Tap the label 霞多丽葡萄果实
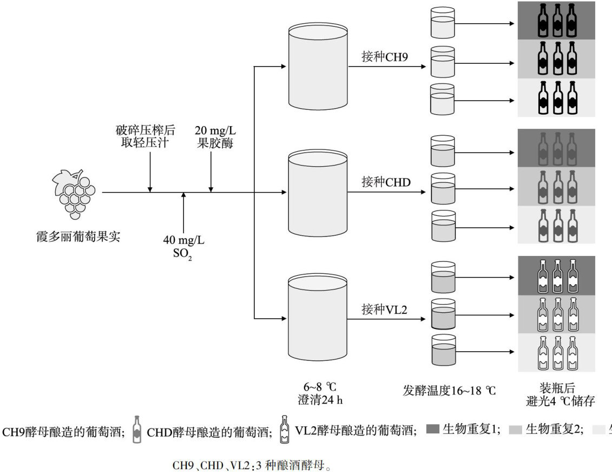(x=78, y=236)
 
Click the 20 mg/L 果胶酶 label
(x=215, y=137)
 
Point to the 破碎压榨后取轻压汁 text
(x=145, y=136)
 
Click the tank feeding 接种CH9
(x=318, y=66)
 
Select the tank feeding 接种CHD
(x=318, y=193)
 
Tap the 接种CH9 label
(x=385, y=57)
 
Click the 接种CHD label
(x=386, y=182)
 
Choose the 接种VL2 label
(x=384, y=310)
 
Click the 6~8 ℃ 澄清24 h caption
(x=320, y=393)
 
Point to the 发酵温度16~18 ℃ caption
(x=449, y=391)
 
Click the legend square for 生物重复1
(x=433, y=430)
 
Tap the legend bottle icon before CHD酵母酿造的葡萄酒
(x=136, y=430)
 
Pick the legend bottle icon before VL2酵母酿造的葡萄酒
(x=285, y=430)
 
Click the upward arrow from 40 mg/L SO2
(x=183, y=213)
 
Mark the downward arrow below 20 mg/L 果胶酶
(x=211, y=172)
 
